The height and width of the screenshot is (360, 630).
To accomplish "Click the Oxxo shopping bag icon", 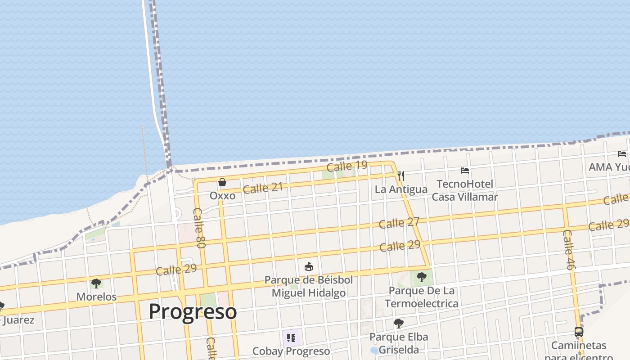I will (222, 182).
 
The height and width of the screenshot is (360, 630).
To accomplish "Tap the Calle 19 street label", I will (347, 166).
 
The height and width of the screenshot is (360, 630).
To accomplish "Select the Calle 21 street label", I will (263, 188).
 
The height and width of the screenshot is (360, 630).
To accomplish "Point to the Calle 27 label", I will (399, 222).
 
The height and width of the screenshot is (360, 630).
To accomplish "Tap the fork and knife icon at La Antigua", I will (401, 175).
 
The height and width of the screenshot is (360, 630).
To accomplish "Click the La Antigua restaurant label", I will (401, 189).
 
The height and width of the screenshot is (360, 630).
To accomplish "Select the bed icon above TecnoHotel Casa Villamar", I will (465, 171).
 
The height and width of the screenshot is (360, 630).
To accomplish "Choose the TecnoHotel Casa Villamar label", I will (465, 190).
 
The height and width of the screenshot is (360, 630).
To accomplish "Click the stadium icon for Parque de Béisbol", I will (309, 267).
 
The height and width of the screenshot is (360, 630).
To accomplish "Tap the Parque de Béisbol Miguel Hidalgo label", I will (309, 286).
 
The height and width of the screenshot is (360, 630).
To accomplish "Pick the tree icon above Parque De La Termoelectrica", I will (422, 277).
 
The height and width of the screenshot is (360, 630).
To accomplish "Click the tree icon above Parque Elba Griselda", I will (398, 323).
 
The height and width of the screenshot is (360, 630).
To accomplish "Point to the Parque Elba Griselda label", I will (399, 343).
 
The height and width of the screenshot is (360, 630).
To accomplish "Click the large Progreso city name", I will (193, 311).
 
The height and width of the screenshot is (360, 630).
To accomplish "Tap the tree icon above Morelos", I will (96, 283).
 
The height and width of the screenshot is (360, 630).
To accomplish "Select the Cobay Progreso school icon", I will (291, 337).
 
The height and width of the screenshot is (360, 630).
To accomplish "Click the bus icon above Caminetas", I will (579, 333).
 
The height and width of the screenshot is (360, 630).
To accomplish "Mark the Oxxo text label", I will (222, 196).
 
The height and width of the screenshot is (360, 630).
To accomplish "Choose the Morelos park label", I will (96, 297).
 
